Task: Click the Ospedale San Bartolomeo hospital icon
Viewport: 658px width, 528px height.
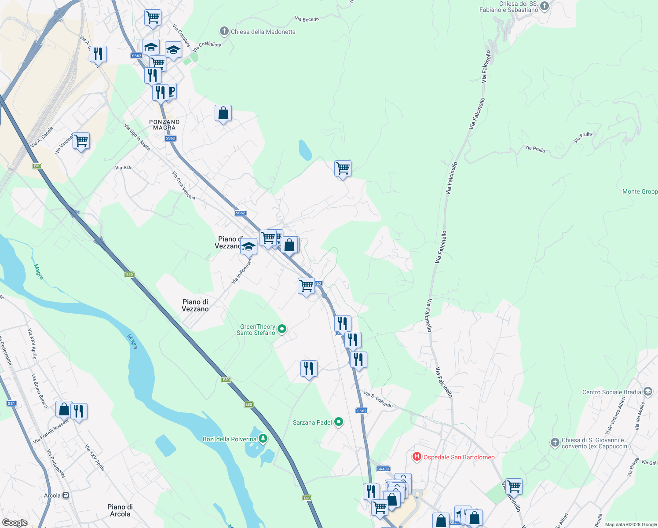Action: click(x=417, y=457)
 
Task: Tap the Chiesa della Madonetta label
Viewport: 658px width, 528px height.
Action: click(x=263, y=32)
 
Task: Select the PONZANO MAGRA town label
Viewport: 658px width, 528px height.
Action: click(x=164, y=125)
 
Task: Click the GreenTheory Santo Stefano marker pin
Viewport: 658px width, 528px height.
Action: click(x=282, y=329)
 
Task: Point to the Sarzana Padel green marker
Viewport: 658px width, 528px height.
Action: click(x=339, y=422)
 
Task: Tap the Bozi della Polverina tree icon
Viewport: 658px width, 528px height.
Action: click(x=263, y=439)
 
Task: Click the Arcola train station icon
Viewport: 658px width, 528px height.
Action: click(x=66, y=495)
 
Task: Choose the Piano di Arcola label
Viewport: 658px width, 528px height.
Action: click(x=120, y=510)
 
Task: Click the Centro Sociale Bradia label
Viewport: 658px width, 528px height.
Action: click(x=611, y=392)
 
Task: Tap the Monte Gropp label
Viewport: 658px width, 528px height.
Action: click(x=640, y=191)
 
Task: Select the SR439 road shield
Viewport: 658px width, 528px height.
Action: click(x=383, y=469)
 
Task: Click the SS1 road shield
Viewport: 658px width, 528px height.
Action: click(x=11, y=403)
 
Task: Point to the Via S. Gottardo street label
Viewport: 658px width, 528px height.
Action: click(x=378, y=399)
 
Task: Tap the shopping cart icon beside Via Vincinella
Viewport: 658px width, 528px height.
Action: click(x=81, y=141)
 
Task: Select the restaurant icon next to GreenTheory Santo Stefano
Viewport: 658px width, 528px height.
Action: click(x=309, y=368)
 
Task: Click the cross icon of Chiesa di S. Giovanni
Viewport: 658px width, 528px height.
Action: click(x=555, y=443)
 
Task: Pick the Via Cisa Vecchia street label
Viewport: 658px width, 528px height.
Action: click(x=183, y=185)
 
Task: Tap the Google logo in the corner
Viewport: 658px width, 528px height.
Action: click(x=15, y=522)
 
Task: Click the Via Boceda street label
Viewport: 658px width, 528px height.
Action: click(x=307, y=19)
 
